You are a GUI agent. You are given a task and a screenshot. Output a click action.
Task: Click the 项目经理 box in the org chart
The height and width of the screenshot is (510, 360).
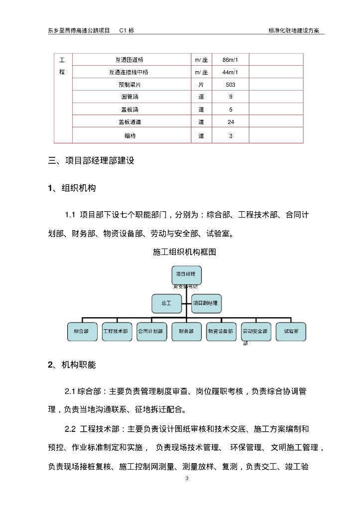[187, 274]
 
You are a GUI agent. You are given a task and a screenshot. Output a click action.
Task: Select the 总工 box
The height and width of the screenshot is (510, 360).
[166, 303]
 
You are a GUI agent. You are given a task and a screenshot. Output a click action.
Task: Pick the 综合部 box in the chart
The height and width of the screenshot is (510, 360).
[82, 331]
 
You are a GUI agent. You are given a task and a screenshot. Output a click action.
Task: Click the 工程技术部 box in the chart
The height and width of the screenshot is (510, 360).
[117, 331]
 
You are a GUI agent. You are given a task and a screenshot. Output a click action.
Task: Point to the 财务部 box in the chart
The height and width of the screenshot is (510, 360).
[186, 331]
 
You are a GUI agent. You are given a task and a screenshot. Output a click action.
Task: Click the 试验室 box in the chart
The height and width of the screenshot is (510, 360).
[291, 331]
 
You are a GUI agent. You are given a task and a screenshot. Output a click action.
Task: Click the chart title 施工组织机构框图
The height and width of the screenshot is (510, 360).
[184, 252]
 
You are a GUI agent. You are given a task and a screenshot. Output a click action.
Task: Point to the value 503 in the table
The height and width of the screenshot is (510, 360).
[231, 85]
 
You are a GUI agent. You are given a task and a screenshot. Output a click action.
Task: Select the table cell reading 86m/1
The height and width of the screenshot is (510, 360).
[231, 60]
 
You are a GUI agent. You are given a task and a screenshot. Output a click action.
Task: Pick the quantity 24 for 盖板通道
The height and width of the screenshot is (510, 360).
[231, 122]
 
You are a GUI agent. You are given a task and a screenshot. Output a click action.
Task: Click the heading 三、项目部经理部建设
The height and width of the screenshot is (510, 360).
[91, 161]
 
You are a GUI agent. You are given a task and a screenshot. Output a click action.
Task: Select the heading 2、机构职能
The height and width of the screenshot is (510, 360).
[72, 365]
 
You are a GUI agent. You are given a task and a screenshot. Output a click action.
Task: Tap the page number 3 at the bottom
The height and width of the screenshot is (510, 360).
[186, 479]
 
